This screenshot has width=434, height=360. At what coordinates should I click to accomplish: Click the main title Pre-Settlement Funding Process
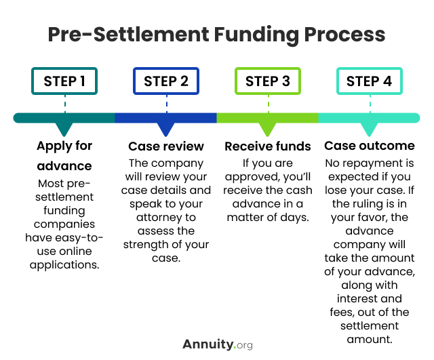[216, 35]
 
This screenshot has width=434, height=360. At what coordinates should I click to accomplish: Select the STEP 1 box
[64, 81]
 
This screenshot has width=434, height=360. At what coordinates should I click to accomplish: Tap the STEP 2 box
[166, 81]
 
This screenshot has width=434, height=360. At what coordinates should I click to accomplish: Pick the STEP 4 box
[369, 81]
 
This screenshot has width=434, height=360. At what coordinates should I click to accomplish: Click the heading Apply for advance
[64, 155]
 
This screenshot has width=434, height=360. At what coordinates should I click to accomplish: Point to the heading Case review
[166, 146]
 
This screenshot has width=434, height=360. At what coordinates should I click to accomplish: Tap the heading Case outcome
[369, 146]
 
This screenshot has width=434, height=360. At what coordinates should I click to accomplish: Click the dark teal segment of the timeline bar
[64, 118]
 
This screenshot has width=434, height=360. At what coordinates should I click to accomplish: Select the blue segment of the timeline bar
[166, 118]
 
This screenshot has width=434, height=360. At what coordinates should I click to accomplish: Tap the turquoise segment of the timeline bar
[369, 118]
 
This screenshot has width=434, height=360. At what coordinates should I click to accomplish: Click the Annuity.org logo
[217, 344]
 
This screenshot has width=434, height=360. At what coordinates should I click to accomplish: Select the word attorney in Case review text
[157, 218]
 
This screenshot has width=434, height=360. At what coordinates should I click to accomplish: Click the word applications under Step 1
[64, 265]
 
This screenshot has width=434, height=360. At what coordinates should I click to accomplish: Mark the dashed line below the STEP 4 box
[369, 104]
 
